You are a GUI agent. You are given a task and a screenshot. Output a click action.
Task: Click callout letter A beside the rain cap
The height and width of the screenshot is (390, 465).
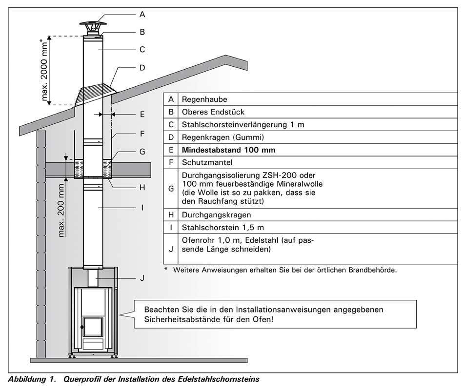coord(142,15)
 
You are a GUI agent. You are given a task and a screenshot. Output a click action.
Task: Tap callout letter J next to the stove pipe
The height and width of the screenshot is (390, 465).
coord(142,278)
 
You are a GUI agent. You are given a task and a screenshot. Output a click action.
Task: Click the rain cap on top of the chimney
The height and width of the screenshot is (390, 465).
coord(93,25)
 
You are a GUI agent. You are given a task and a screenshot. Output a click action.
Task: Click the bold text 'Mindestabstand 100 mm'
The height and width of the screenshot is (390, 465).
coord(228,150)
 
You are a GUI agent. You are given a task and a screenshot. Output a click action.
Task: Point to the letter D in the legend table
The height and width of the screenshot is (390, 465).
coord(171,137)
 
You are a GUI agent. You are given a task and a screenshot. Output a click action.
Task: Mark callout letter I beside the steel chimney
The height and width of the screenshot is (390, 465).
coord(142,207)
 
